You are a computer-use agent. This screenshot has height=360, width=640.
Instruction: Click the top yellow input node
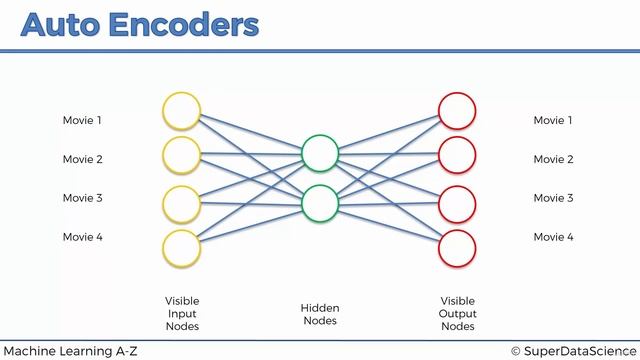tap(182, 111)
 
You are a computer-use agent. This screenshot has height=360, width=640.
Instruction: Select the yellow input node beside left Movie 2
tap(182, 155)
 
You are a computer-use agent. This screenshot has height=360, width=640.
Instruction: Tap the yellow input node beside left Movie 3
tap(182, 202)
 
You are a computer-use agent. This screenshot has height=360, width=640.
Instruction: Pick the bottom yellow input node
tap(182, 247)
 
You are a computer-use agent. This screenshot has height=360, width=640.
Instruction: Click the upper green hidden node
tap(320, 153)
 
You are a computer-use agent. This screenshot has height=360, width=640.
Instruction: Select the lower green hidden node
tap(320, 202)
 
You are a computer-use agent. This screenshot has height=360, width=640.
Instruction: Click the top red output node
tap(457, 111)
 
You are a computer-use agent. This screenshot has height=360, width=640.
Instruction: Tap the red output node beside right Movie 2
tap(457, 155)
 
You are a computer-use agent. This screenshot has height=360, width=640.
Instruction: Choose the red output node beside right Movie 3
tap(457, 202)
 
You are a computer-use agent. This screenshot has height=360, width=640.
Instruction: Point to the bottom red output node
tap(457, 247)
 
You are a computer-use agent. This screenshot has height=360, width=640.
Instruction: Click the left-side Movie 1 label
tap(83, 121)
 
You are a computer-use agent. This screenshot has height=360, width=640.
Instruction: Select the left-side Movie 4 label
tap(83, 237)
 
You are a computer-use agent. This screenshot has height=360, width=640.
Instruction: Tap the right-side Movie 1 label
tap(553, 121)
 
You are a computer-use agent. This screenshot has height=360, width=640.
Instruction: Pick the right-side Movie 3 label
tap(553, 198)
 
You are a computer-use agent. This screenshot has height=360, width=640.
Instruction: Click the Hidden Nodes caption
tap(320, 314)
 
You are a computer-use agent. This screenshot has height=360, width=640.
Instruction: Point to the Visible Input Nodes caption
tap(182, 313)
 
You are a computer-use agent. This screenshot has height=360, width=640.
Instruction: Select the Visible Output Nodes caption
tap(458, 313)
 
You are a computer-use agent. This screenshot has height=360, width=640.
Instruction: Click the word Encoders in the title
tap(187, 24)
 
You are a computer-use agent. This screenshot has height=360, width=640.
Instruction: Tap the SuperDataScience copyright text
tap(572, 350)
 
